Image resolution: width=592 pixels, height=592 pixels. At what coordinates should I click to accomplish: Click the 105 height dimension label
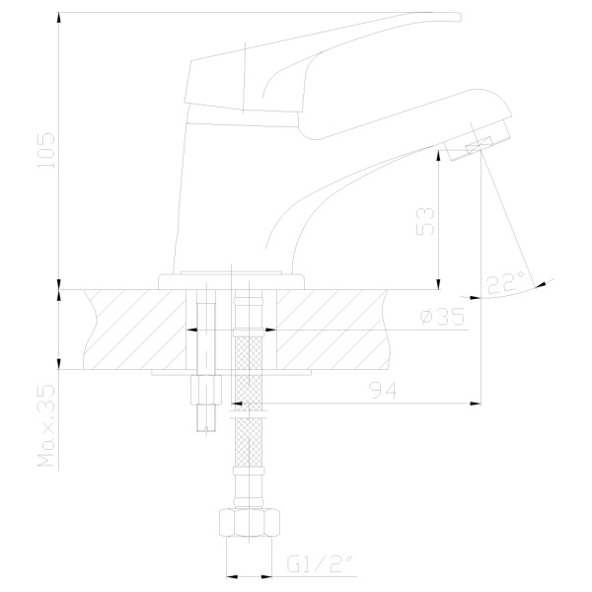click(46, 150)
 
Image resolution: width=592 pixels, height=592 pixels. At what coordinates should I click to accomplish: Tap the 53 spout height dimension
click(425, 221)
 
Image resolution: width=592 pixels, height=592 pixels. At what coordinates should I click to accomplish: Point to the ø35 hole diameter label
click(442, 317)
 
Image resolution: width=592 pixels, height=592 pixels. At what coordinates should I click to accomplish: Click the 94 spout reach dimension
click(383, 391)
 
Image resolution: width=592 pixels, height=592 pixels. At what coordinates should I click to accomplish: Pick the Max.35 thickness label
click(46, 426)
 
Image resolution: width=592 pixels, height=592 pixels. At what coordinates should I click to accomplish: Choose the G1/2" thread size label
click(320, 564)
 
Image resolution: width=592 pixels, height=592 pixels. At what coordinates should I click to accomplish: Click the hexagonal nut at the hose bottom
click(250, 523)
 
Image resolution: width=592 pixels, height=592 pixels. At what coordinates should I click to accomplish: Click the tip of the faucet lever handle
click(460, 17)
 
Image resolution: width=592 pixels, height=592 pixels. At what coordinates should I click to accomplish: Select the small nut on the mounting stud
click(206, 390)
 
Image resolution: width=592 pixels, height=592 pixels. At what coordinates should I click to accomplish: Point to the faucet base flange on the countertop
click(231, 282)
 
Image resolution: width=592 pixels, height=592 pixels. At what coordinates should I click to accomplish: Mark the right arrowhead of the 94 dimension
click(476, 404)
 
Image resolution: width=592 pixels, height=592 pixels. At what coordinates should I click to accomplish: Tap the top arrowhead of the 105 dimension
click(58, 18)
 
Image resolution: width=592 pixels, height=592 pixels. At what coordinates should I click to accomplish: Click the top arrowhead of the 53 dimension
click(438, 155)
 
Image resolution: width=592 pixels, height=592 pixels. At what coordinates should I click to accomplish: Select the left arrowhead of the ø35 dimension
click(191, 330)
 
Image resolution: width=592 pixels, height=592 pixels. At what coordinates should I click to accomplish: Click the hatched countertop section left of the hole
click(135, 330)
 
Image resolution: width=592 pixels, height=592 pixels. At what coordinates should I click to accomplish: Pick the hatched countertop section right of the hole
click(333, 330)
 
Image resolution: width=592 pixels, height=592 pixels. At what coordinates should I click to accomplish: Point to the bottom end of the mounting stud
click(206, 431)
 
